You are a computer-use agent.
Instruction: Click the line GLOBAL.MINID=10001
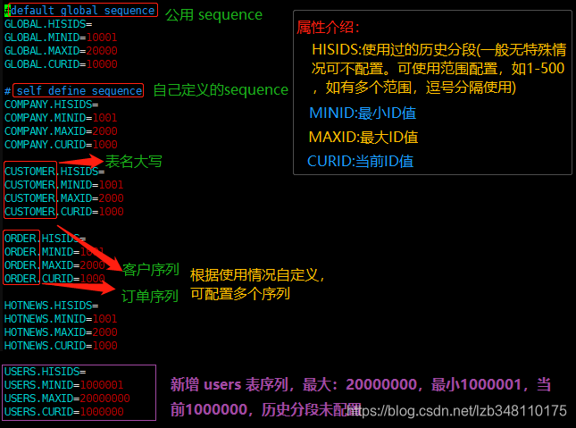click(x=61, y=38)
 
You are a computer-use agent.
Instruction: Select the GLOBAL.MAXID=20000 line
click(x=61, y=51)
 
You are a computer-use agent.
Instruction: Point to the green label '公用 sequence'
click(x=213, y=15)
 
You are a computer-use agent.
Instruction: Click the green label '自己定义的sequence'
click(x=221, y=90)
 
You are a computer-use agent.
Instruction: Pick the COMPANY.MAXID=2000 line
click(x=61, y=130)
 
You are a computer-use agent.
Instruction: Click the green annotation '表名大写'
click(x=134, y=162)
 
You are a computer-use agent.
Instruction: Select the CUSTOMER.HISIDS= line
click(x=54, y=172)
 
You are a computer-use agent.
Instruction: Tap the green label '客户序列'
click(x=151, y=269)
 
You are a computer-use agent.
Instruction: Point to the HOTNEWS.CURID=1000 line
click(x=61, y=345)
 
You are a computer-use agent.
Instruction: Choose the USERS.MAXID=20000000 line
click(x=67, y=398)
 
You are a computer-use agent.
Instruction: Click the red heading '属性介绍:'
click(x=329, y=28)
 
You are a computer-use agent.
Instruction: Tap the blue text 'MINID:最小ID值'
click(x=363, y=113)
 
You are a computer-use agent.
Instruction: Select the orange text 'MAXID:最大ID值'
click(x=363, y=138)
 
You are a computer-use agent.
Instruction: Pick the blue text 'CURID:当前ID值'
click(x=361, y=162)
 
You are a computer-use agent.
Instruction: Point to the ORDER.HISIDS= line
click(x=46, y=239)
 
